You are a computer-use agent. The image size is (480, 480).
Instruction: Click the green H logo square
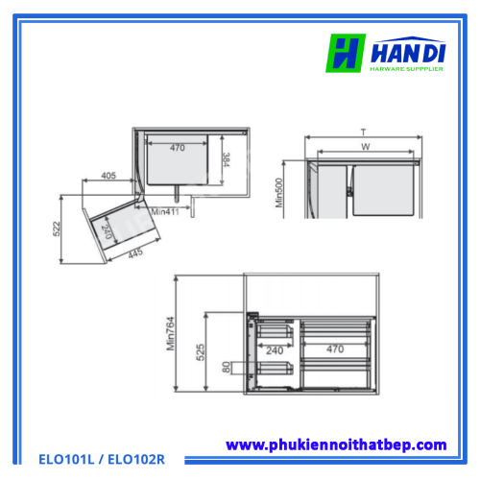coord(346,53)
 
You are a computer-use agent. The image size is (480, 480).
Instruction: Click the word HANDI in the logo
coord(408,53)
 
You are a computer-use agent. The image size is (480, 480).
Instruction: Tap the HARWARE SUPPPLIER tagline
coord(406,69)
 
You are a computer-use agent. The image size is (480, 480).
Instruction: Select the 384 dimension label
coord(226,159)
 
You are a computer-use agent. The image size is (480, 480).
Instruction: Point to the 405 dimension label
coord(108,176)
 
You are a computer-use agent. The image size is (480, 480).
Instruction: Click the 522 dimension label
coord(57,228)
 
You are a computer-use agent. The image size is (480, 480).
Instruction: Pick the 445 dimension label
coord(135,253)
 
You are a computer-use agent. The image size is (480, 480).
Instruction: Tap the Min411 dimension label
coord(165,212)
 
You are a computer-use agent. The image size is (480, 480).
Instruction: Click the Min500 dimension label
coord(279,193)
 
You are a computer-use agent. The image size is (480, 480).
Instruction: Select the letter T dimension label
coord(363,132)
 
